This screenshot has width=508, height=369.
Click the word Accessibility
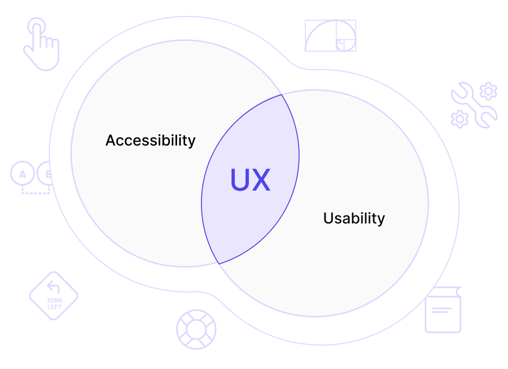150,140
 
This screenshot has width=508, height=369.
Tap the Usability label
354,218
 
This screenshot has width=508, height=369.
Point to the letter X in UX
261,180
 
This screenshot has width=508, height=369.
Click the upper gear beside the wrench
488,91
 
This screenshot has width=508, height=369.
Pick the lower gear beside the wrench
459,119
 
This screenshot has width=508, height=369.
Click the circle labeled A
22,174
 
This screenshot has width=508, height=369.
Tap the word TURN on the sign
54,300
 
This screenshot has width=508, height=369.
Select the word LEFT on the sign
54,307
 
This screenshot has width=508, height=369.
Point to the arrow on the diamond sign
54,287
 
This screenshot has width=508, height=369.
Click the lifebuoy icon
196,329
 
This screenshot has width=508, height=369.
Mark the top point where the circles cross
281,94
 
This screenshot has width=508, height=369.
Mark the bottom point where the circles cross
219,264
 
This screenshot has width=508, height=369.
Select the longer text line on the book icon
442,308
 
